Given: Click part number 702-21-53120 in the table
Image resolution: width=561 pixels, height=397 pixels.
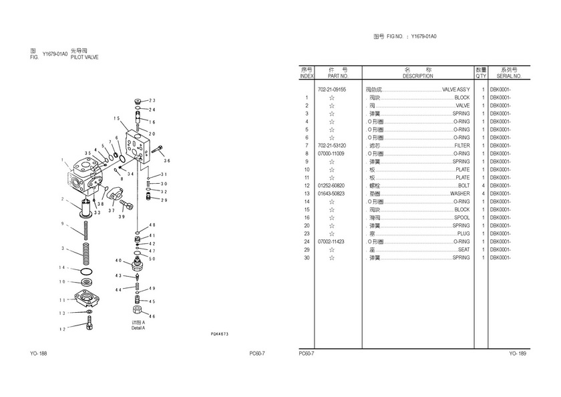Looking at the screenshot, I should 331,146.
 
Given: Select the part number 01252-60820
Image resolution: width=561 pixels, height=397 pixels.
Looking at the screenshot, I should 331,186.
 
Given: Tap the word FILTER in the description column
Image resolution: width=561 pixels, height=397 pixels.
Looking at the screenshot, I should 461,146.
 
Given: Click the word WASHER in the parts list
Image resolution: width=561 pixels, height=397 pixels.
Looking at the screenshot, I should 459,194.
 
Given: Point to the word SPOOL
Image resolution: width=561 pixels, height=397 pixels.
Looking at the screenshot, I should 462,218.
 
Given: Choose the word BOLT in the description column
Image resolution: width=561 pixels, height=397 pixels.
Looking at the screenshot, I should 463,186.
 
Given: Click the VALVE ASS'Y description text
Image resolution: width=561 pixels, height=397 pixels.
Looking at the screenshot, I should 455,90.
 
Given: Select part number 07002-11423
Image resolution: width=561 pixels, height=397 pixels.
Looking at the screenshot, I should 331,242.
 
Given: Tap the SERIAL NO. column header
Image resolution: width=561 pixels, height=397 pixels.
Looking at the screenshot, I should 509,76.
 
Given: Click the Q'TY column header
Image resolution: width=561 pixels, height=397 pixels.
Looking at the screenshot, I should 481,76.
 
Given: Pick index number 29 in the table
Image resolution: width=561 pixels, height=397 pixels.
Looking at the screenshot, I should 307,250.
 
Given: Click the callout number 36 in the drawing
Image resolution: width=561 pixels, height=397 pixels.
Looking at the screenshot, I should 167,161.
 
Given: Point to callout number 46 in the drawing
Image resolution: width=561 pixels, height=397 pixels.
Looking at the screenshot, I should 152,316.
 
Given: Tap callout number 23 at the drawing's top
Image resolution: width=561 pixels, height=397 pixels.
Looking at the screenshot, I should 152,101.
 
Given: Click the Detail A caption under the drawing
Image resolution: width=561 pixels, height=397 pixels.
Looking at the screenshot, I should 138,327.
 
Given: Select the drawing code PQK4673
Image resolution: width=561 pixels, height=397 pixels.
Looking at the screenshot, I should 219,334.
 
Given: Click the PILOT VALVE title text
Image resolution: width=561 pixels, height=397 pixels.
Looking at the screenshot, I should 85,57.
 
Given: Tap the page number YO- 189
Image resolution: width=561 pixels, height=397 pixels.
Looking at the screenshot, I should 518,354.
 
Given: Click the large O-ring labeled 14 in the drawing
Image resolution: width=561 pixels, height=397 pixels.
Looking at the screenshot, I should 85,272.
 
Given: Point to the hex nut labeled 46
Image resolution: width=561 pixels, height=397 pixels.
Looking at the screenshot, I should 136,311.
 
